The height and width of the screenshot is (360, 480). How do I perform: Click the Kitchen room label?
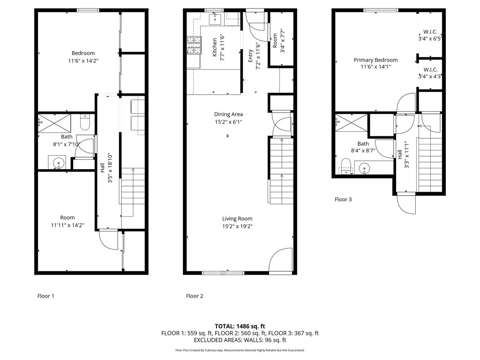(215, 47)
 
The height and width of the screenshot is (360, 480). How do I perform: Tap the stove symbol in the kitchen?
(195, 45)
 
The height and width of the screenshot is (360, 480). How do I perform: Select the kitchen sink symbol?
(215, 19)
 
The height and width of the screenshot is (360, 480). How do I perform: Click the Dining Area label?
(228, 114)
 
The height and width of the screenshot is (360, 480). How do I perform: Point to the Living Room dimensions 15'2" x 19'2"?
(237, 226)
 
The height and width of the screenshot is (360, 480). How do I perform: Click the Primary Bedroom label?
(375, 60)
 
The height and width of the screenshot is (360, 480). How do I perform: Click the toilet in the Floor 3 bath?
(346, 166)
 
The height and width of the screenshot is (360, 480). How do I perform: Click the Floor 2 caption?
(195, 296)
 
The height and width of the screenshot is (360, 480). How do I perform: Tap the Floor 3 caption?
(343, 200)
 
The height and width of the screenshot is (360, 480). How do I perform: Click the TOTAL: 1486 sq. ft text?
(240, 326)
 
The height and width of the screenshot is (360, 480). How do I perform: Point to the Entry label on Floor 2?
(250, 56)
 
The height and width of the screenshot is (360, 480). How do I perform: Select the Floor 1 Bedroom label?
(83, 53)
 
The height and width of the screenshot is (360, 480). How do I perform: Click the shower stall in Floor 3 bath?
(351, 123)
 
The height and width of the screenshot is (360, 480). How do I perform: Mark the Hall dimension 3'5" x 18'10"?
(110, 168)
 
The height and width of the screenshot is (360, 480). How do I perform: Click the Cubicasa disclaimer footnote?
(240, 350)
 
